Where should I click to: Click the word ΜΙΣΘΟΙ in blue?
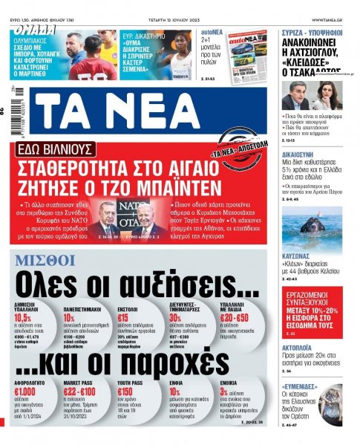(x=45, y=259)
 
